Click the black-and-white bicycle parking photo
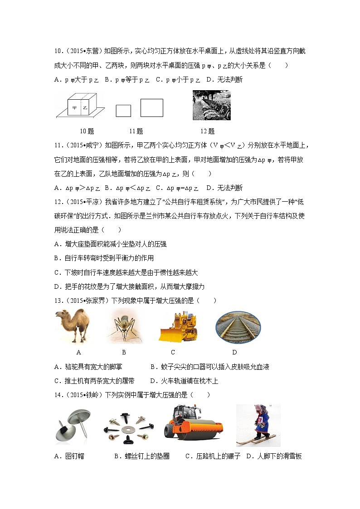tap(211, 105)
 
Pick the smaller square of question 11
tap(123, 111)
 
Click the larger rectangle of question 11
tap(151, 108)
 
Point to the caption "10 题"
tap(87, 131)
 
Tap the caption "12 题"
tap(207, 131)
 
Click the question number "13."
tap(58, 301)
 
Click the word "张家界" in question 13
tap(91, 301)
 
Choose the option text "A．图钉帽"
tap(69, 456)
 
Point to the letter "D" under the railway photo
tap(234, 352)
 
